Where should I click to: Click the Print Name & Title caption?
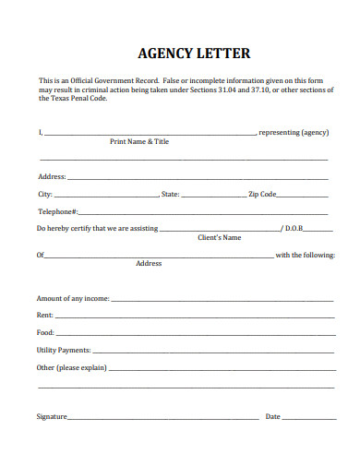tap(139, 142)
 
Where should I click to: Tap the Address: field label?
tap(52, 176)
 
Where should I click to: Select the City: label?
tap(45, 195)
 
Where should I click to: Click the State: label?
tap(171, 195)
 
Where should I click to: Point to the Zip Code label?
tap(262, 195)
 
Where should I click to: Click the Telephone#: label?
tap(57, 211)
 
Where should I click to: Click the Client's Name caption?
tap(220, 238)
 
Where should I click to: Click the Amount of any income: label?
tap(73, 299)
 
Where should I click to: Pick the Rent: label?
tap(45, 316)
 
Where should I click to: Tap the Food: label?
tap(46, 332)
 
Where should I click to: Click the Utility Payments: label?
tap(64, 351)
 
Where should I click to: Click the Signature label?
tap(52, 417)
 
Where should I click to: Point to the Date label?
tap(273, 417)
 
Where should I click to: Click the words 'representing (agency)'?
tap(294, 133)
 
